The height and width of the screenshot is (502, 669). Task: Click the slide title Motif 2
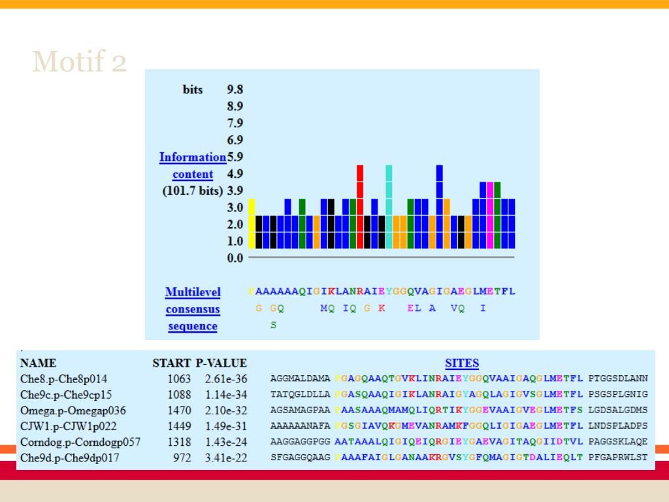[x=79, y=62]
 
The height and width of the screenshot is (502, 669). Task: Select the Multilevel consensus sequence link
[x=193, y=309]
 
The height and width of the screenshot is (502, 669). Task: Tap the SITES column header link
[x=462, y=363]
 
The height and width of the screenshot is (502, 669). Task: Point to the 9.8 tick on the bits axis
[x=235, y=90]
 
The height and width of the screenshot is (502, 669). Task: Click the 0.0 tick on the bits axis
[x=235, y=258]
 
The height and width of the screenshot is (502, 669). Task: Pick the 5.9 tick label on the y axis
[x=235, y=157]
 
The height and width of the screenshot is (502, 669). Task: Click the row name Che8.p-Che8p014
[x=64, y=379]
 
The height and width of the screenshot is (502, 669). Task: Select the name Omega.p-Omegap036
[x=73, y=410]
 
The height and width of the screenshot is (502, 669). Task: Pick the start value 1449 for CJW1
[x=179, y=426]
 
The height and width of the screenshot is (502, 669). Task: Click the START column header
[x=172, y=363]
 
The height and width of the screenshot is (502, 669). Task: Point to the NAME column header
[x=39, y=363]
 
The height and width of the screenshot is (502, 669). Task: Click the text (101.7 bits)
[x=193, y=191]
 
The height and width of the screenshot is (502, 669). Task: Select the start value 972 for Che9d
[x=182, y=458]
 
